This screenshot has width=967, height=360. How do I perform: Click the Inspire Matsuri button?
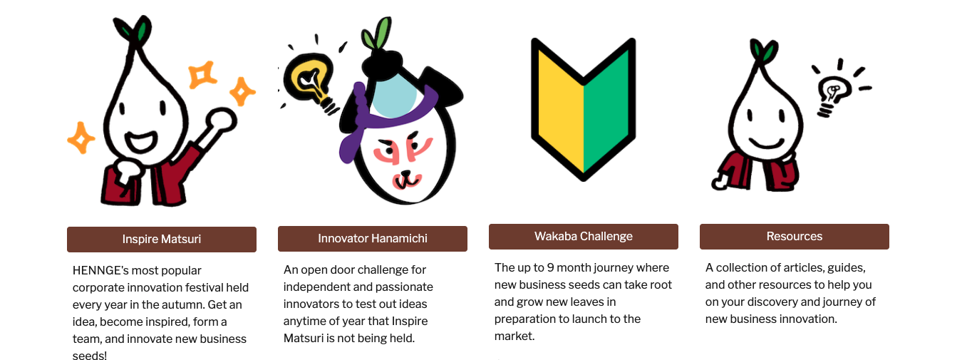click(162, 239)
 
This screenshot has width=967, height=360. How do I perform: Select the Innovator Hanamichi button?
click(373, 238)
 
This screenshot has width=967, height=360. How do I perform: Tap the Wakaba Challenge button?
click(583, 237)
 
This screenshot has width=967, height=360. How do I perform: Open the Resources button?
click(795, 237)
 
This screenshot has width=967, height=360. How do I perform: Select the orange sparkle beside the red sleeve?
click(81, 138)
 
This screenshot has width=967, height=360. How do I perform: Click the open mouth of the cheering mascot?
click(141, 141)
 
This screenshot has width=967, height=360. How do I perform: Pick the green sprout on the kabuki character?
click(376, 34)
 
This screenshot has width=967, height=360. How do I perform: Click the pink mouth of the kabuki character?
click(406, 180)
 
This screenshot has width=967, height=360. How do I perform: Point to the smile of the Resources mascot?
click(767, 143)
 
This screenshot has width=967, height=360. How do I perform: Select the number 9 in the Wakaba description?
click(550, 267)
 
